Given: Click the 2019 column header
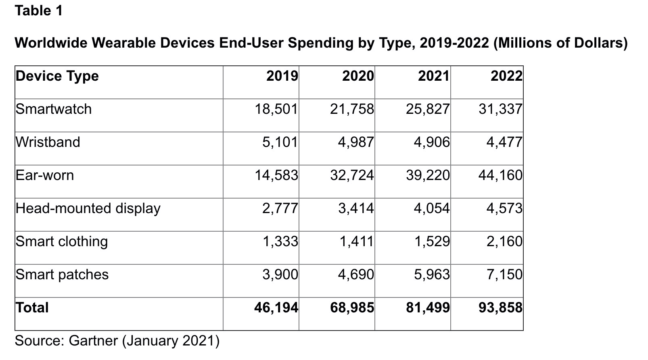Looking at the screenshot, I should coord(282,76).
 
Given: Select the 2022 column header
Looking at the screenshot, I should coord(506,76).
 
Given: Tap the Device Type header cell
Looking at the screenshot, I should coord(57,76).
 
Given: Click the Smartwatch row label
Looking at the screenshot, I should coord(54,109).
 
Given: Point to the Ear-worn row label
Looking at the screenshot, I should coord(45,176).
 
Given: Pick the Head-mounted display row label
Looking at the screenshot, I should coord(88,209).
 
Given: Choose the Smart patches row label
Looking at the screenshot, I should coord(62,275).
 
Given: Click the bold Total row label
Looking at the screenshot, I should coord(32,308).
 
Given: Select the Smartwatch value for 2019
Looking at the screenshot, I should coord(276,109).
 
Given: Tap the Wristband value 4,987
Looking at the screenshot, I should coord(356,142).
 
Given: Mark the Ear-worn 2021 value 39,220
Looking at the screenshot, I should coord(428,176).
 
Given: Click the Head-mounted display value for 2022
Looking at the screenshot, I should coord(504,209).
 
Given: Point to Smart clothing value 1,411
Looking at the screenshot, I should coord(356,242).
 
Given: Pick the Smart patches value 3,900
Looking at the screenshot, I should coord(280,275).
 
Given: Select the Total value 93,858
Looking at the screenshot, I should coord(500,308).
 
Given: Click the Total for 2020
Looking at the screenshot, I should coord(352,308).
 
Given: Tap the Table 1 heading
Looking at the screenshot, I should coord(39,11).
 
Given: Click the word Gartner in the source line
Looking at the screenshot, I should coord(93,341).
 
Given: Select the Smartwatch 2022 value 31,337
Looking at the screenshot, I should coord(500,109).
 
